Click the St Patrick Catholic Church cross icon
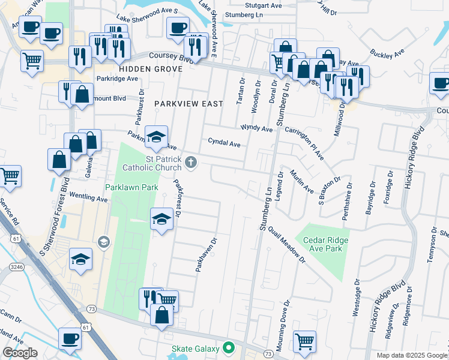click(x=191, y=161)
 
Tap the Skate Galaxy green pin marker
click(x=228, y=347)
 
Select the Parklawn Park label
click(x=131, y=188)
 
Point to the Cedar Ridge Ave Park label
click(x=326, y=245)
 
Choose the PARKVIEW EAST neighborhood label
click(x=188, y=104)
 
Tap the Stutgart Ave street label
click(x=267, y=5)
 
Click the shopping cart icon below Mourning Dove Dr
click(x=305, y=341)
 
